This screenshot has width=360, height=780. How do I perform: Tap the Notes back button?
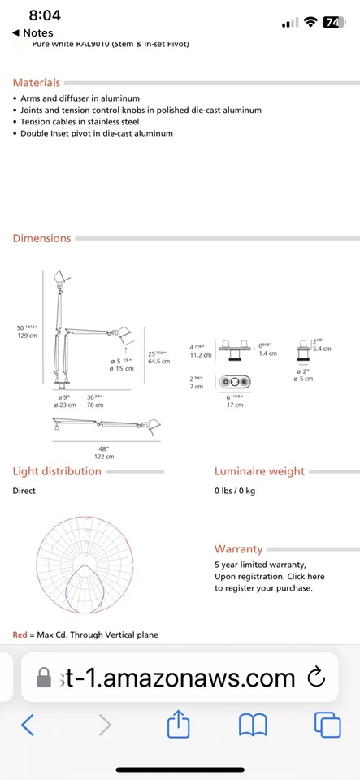click(33, 32)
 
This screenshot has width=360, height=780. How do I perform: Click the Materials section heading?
click(37, 83)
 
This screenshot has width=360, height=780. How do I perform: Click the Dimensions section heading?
click(41, 238)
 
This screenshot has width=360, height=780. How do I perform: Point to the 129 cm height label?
click(27, 335)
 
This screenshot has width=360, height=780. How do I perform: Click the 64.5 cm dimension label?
click(159, 360)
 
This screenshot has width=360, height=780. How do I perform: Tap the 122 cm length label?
click(104, 457)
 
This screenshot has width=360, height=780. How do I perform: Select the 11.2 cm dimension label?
click(201, 354)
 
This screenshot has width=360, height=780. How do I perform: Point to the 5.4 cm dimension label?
click(323, 348)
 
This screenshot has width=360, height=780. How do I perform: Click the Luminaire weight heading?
click(259, 471)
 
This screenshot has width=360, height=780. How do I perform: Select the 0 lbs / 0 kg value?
click(235, 491)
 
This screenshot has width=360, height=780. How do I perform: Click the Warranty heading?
click(238, 549)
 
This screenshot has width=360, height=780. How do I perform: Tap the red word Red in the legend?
click(20, 635)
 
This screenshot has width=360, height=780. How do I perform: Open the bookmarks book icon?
click(253, 725)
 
